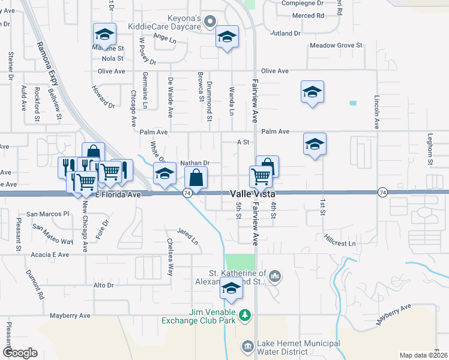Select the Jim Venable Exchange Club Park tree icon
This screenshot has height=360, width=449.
click(245, 314)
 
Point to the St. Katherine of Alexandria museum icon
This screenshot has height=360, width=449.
click(275, 276)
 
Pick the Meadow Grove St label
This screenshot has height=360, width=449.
click(336, 45)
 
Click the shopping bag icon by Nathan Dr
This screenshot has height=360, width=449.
click(196, 178)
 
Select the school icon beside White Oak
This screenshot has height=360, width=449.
click(164, 173)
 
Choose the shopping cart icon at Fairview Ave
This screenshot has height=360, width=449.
click(261, 176)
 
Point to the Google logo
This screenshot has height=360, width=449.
click(20, 353)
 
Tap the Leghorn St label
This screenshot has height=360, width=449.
click(430, 149)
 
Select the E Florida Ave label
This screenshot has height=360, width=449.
click(118, 194)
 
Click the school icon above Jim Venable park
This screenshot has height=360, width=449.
click(231, 288)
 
